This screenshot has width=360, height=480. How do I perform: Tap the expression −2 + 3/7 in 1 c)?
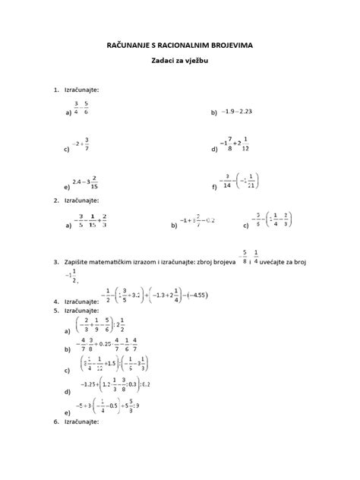pos(81,144)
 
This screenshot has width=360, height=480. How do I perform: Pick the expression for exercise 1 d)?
pos(241,144)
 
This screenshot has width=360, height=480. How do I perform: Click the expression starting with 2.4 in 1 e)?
pos(85,182)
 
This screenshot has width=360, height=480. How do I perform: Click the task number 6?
pos(56,422)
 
